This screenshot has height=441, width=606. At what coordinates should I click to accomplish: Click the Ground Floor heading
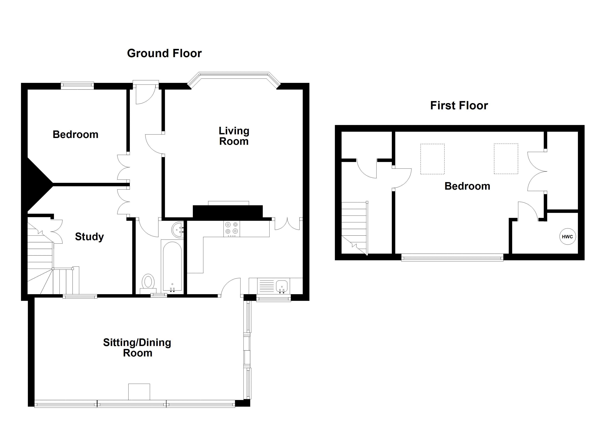(x=164, y=53)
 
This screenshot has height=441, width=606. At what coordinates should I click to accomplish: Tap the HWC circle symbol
(x=567, y=236)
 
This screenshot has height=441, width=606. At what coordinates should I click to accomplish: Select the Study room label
(x=89, y=237)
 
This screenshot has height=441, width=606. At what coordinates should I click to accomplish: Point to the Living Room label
(x=234, y=136)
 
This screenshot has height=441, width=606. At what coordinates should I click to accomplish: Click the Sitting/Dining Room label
(x=137, y=348)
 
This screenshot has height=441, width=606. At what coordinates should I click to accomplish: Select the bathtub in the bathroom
(x=172, y=266)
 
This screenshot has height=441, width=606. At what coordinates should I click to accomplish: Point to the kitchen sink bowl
(x=281, y=286)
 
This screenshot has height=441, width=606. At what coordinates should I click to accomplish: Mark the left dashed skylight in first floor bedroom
(x=432, y=159)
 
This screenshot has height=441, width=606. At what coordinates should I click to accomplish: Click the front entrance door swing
(x=144, y=95)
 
